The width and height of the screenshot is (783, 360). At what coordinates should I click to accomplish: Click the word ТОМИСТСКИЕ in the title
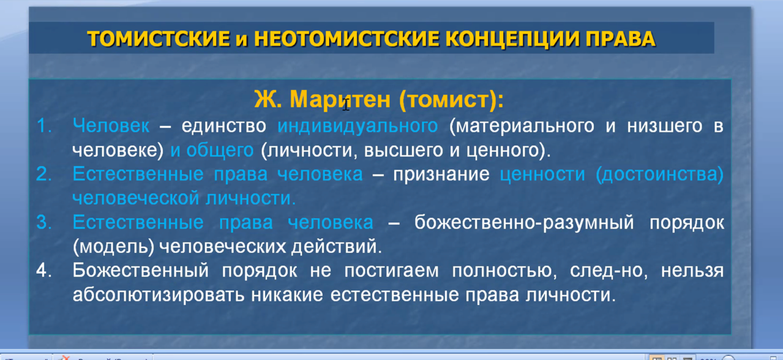point(159,39)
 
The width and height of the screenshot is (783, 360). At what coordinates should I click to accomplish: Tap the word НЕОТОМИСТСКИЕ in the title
point(346,39)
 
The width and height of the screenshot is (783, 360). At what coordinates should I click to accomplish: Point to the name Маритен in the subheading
point(340,99)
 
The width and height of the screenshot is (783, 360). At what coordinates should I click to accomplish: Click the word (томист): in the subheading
point(451,100)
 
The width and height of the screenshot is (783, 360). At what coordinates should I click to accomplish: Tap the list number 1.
point(44,126)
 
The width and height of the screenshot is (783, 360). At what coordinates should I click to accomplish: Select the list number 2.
point(44,174)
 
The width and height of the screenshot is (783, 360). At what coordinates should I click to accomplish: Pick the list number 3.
point(44,222)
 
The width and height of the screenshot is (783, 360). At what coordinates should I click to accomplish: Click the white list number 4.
point(44,270)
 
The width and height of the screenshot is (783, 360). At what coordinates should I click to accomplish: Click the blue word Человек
point(111,126)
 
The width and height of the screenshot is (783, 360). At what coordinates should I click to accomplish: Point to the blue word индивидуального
point(358,127)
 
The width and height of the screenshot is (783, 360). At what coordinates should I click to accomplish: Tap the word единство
point(223,126)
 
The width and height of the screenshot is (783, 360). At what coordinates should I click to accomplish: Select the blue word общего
point(220,151)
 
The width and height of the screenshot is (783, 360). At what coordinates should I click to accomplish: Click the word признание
point(441,174)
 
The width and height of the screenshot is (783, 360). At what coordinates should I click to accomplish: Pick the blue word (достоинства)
point(659,174)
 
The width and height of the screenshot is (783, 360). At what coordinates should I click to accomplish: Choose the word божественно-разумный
point(524,223)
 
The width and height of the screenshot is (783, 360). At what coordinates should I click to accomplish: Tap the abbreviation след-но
point(609,271)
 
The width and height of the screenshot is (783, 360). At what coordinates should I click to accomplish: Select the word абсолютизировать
point(159,295)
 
